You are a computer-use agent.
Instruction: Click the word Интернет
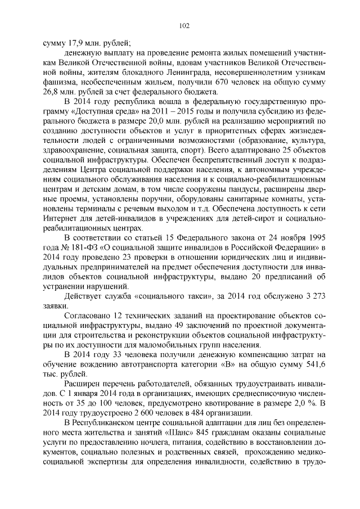pos(63,219)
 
